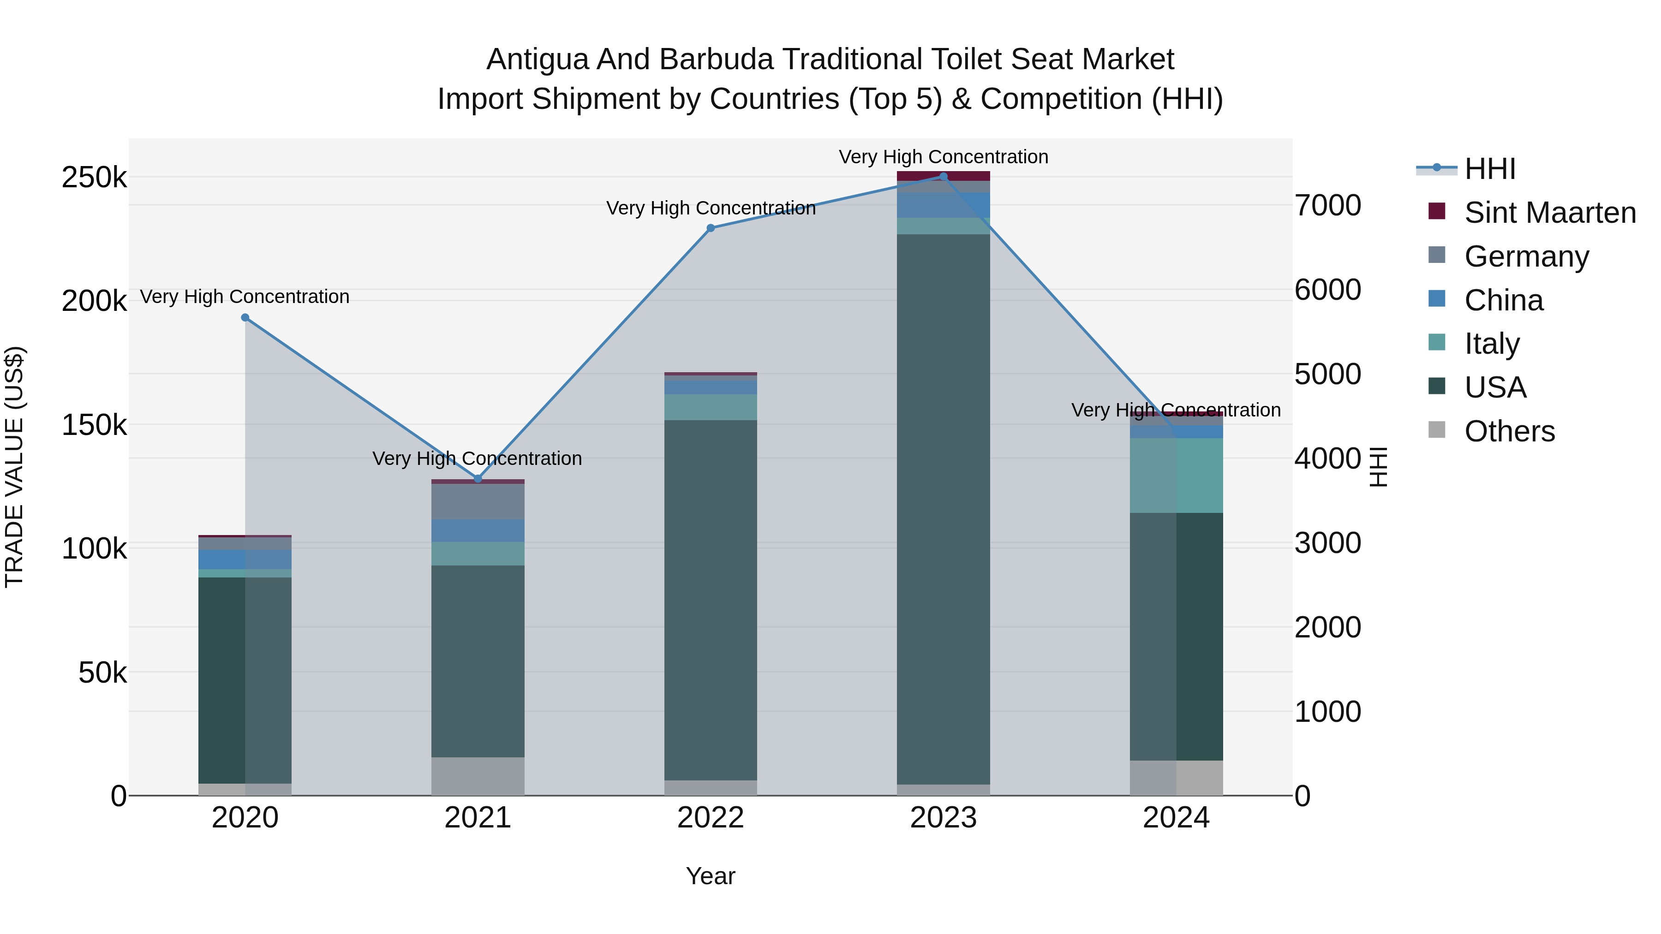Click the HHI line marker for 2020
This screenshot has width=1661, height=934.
(x=245, y=318)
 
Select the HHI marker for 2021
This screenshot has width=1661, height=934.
(x=478, y=479)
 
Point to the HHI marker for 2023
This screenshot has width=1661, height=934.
(x=944, y=177)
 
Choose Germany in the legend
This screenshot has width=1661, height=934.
(x=1526, y=256)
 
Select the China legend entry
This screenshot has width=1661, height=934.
(x=1504, y=300)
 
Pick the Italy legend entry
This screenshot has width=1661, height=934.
(x=1491, y=344)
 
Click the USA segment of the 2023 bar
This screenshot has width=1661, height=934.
(x=944, y=509)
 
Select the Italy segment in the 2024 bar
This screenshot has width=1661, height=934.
(x=1176, y=476)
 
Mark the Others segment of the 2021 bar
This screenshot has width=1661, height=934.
(x=478, y=776)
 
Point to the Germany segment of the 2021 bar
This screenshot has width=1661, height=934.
(x=478, y=501)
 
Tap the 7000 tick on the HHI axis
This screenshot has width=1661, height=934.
(x=1327, y=206)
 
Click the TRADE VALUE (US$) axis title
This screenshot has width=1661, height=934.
(x=14, y=467)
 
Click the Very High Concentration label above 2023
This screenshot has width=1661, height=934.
(x=944, y=157)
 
